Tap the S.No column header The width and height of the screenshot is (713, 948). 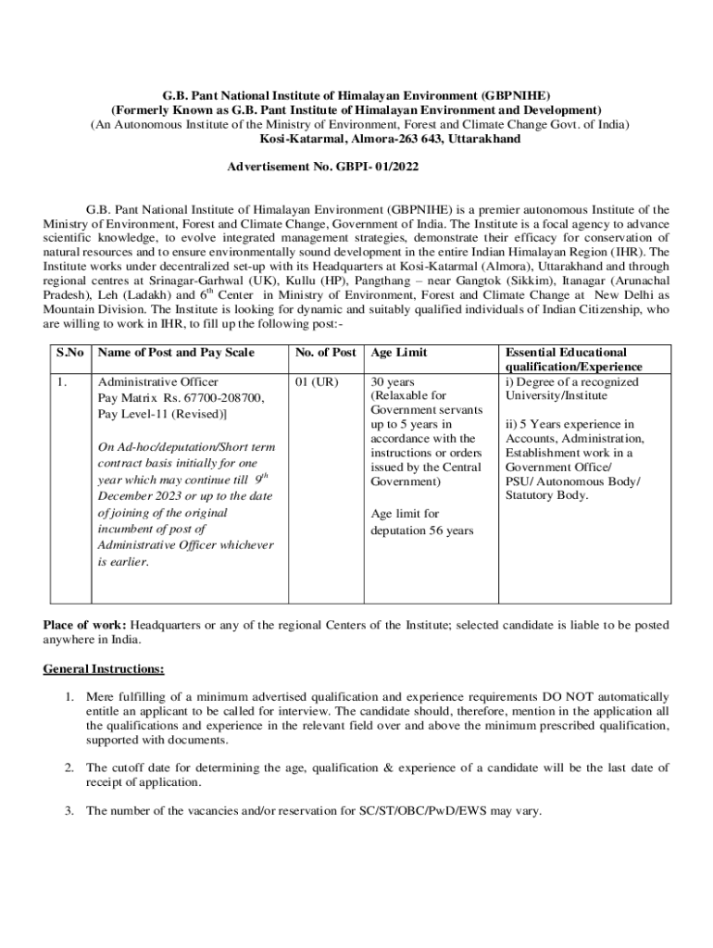[69, 352]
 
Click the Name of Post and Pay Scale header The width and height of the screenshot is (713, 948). [176, 352]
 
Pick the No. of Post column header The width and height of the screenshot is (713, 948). [326, 352]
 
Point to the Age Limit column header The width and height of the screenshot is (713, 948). [399, 352]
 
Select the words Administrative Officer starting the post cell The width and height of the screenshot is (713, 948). [158, 381]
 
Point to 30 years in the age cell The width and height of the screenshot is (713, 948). [393, 381]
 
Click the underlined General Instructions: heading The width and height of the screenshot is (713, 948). [104, 668]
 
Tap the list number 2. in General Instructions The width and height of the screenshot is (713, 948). [69, 767]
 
